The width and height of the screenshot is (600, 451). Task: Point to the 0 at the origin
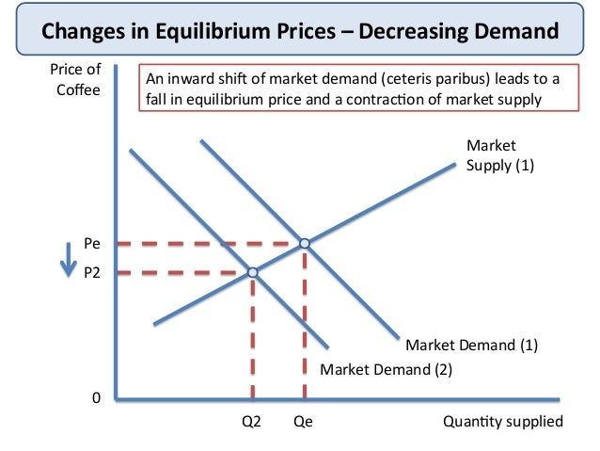[96, 398]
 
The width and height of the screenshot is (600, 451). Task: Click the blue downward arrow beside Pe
[66, 259]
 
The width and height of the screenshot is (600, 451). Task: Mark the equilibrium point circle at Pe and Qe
[304, 244]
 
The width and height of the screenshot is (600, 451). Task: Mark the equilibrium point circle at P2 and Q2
[252, 273]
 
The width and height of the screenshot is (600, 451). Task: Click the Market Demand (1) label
[472, 345]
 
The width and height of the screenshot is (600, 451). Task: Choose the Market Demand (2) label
[387, 369]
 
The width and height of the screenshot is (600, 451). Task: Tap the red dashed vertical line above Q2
[252, 339]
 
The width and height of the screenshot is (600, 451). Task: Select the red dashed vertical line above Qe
[304, 325]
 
